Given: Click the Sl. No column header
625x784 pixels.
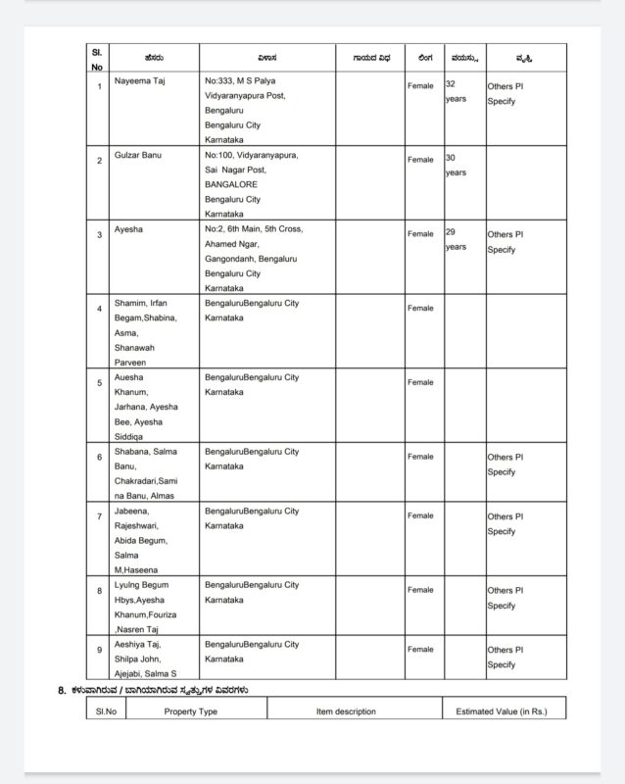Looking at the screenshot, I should coord(98,59).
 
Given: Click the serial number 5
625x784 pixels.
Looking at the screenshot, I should coord(98,382).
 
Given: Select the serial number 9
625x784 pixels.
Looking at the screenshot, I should coord(98,649).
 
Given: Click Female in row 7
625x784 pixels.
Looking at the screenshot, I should coord(420,515).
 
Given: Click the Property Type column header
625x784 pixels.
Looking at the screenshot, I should coord(190,711).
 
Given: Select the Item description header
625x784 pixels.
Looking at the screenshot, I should coord(346,711).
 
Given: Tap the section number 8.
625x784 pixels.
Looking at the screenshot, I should coord(62,690).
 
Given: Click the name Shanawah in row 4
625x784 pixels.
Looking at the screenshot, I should coord(137,347).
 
